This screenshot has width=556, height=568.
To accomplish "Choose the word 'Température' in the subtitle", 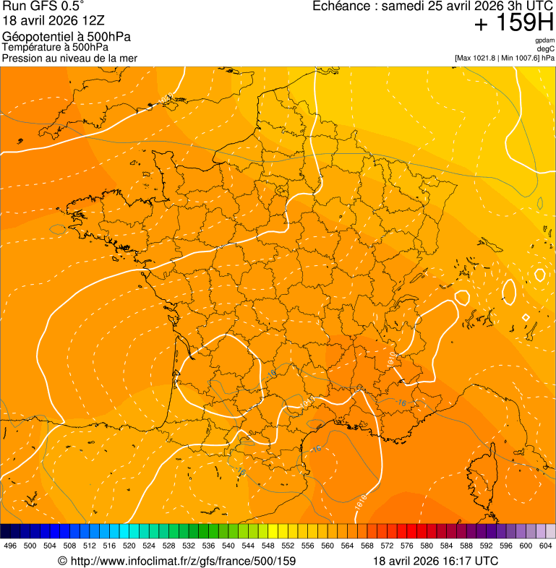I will click(30, 47).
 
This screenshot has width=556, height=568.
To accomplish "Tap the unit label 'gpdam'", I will click(544, 40).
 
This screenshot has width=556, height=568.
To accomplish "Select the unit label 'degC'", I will click(546, 49).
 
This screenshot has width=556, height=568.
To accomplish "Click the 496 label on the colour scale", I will click(10, 546).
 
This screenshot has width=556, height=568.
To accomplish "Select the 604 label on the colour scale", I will click(545, 546).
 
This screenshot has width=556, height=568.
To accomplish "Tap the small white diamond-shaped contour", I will click(526, 317).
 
